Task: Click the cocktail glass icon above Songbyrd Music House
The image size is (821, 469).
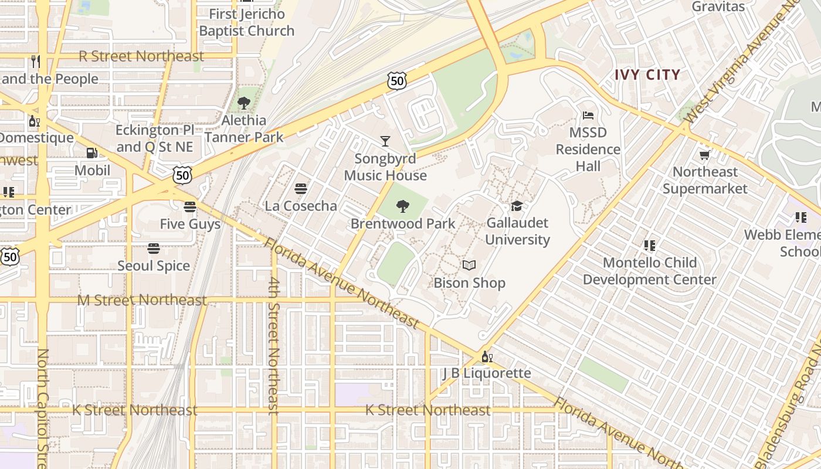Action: [385, 141]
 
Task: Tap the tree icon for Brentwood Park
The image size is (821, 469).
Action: [403, 206]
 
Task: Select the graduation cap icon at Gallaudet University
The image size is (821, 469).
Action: [517, 206]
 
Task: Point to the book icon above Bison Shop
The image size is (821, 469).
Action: [469, 266]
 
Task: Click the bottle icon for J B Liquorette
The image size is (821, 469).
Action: [487, 356]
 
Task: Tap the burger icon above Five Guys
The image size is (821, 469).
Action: [189, 207]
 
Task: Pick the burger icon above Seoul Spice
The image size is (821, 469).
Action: [154, 249]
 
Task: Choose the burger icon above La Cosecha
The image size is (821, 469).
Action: [301, 189]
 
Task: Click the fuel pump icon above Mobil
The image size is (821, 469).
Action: [92, 153]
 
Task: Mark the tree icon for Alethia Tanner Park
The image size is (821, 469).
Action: [244, 104]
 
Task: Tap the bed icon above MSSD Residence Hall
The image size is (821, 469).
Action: [588, 115]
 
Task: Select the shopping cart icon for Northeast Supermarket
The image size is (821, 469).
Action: [704, 155]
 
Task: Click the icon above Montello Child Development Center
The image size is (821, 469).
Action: [649, 246]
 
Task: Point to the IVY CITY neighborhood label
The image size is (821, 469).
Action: [647, 75]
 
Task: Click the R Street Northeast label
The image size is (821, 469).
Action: [141, 56]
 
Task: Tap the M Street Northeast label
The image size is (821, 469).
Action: [143, 301]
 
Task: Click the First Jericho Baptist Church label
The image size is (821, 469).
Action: [246, 22]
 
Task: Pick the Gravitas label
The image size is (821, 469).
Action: [718, 7]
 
